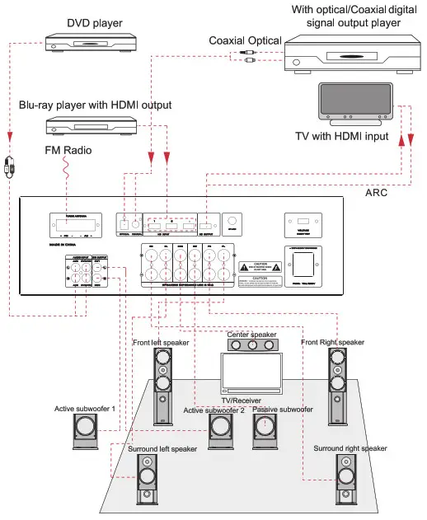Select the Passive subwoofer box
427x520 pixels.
click(264, 429)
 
